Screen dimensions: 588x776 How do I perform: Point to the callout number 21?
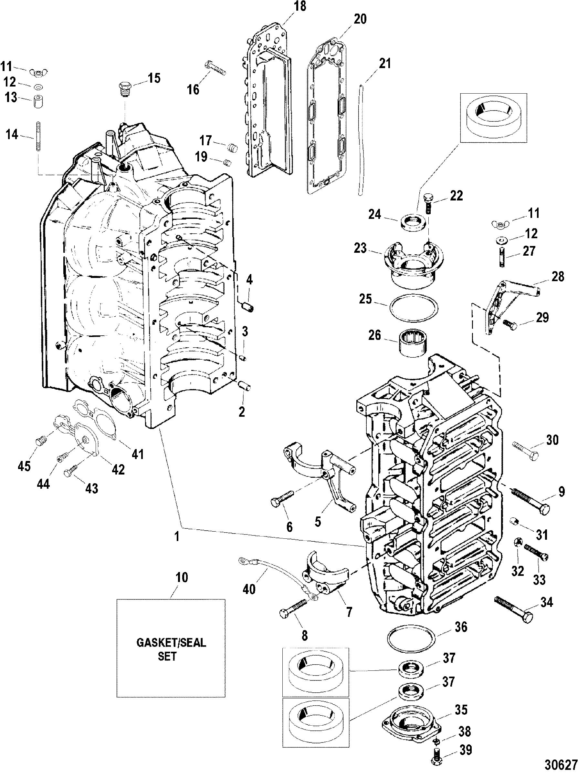pos(384,64)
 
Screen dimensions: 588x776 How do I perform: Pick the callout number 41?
pos(137,454)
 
